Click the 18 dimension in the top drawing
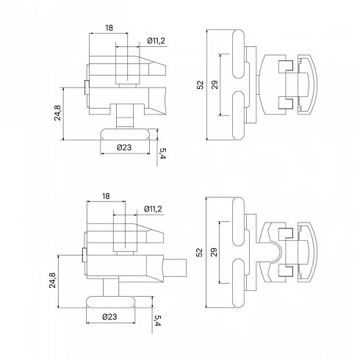(x=109, y=28)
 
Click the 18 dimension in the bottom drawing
(x=106, y=196)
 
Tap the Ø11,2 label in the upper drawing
(x=156, y=40)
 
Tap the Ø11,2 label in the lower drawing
(x=153, y=209)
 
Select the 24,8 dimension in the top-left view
(x=58, y=112)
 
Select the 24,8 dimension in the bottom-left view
(x=53, y=280)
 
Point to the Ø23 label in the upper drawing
(x=124, y=148)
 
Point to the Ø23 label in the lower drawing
(x=109, y=317)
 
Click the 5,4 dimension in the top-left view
(x=162, y=154)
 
